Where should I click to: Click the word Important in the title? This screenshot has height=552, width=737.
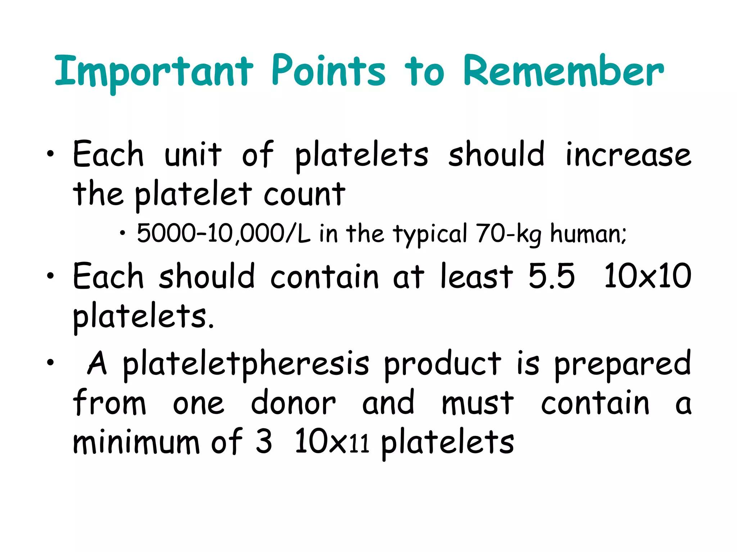point(154,72)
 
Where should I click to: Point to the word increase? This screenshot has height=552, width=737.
point(628,155)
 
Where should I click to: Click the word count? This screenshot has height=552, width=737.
point(304,194)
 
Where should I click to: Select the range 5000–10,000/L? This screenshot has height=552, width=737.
point(223,234)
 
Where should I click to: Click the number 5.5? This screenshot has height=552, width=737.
point(551,276)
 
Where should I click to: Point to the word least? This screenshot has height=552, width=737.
point(477,276)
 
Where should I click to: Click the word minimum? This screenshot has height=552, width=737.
point(136,442)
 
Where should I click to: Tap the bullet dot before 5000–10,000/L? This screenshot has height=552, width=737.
point(123,234)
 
